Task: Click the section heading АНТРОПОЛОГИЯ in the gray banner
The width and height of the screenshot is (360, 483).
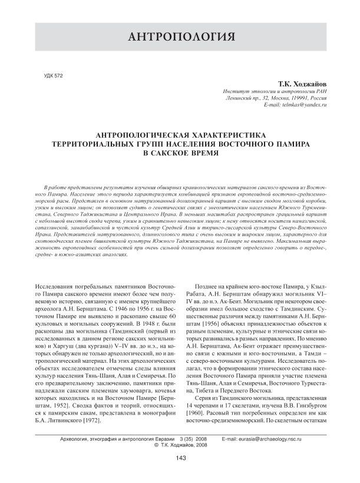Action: [180, 39]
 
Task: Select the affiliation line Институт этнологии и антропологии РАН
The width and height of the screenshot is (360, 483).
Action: [271, 92]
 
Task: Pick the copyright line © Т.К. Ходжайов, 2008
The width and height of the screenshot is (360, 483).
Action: [180, 446]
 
